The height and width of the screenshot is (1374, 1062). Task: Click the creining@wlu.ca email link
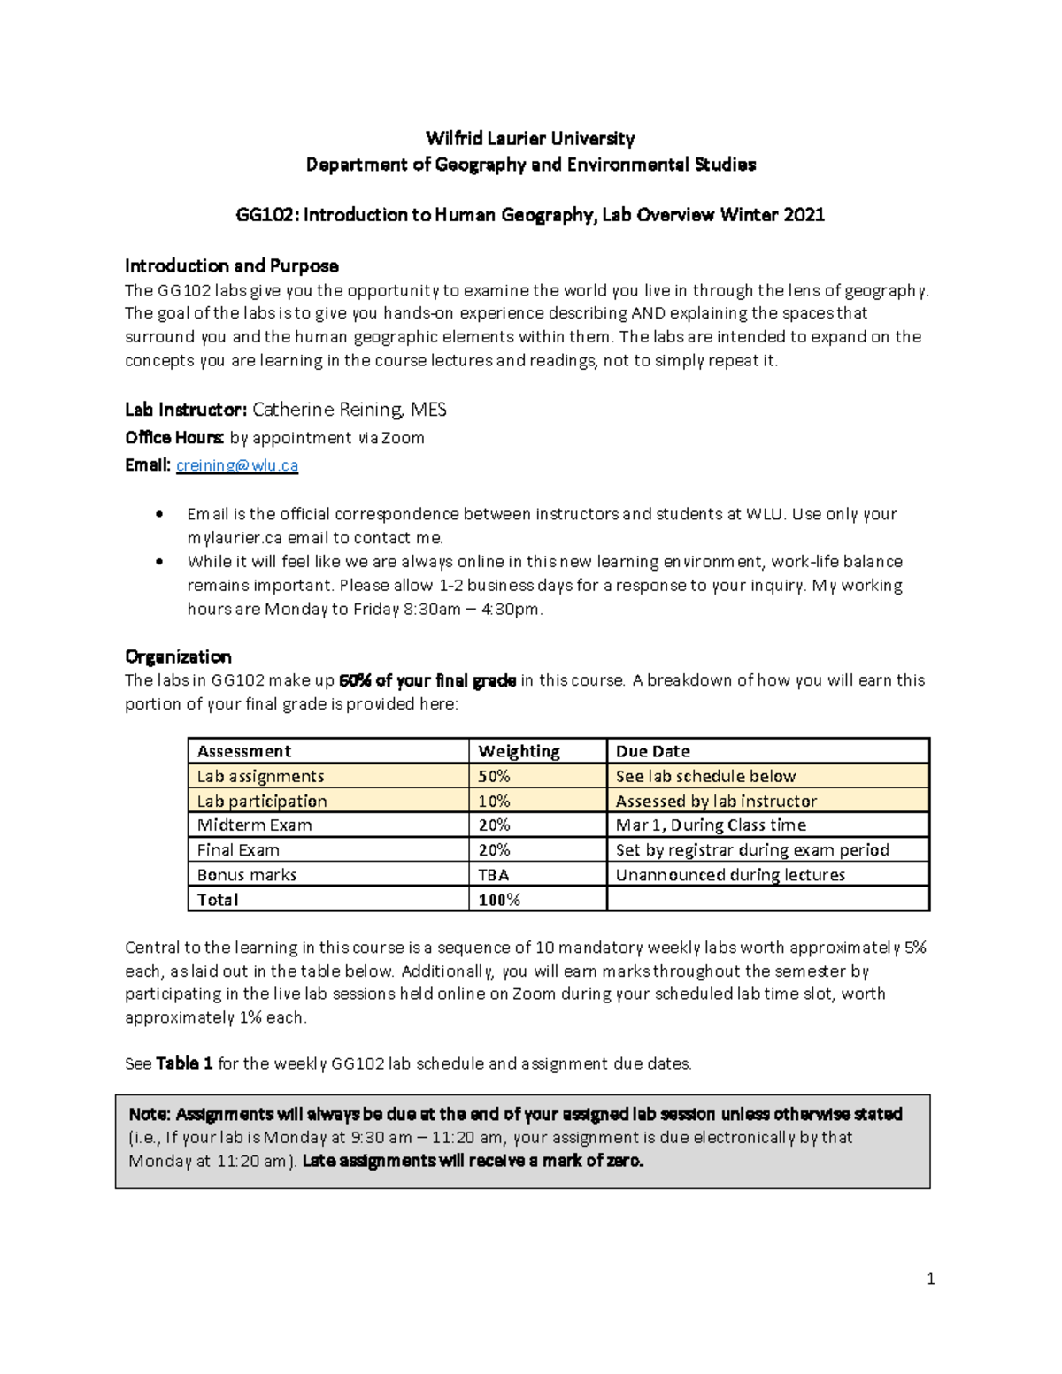point(236,465)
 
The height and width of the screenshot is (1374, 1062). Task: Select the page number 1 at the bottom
point(930,1278)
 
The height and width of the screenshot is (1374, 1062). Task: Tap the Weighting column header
point(519,751)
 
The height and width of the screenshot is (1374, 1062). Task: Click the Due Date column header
point(652,751)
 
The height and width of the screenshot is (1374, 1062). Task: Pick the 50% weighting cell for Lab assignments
point(494,776)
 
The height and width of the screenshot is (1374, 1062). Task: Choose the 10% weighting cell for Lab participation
point(494,801)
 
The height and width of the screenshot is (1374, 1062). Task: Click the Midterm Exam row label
point(254,825)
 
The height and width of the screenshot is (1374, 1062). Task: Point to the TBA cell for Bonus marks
point(493,875)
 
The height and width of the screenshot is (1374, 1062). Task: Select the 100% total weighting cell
point(499,900)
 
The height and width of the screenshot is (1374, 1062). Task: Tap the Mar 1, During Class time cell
point(711,825)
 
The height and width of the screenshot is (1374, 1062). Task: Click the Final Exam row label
point(238,850)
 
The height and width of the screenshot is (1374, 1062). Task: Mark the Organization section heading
point(178,656)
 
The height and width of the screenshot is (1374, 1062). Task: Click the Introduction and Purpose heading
point(231,265)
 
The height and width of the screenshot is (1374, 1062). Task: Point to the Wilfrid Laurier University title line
point(530,138)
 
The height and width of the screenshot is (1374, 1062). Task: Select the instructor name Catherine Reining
point(327,410)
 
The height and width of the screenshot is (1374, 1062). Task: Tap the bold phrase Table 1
point(184,1063)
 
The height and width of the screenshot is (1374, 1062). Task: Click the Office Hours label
point(173,438)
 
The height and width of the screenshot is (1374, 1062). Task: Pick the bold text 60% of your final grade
point(427,680)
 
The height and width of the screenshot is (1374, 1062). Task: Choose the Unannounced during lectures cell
point(730,875)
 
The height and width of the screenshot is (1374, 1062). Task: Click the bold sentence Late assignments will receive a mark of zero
point(473,1161)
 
